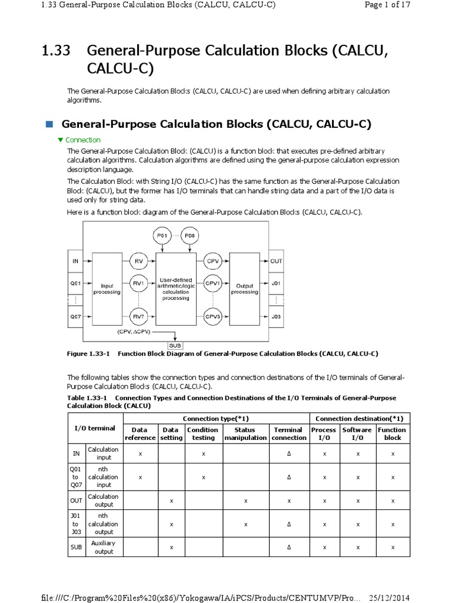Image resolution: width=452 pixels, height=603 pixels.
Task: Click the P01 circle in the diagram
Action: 161,236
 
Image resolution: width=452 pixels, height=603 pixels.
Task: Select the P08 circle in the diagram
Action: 190,236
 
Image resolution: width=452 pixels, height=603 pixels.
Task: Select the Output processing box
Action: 244,288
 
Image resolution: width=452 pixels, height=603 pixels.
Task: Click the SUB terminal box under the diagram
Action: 175,345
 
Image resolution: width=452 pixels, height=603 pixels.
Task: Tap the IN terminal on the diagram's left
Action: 75,260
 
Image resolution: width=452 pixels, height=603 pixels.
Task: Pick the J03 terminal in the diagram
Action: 276,316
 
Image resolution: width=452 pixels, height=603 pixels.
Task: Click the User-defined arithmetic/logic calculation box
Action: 175,288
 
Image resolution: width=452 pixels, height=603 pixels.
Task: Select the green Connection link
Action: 83,140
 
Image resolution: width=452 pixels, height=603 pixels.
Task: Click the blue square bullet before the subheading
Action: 49,124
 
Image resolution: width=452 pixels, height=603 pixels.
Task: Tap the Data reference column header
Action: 140,434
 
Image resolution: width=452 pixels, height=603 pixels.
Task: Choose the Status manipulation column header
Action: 245,434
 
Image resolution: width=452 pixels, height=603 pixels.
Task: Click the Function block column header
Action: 392,434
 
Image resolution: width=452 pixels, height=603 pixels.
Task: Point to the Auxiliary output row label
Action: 104,547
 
